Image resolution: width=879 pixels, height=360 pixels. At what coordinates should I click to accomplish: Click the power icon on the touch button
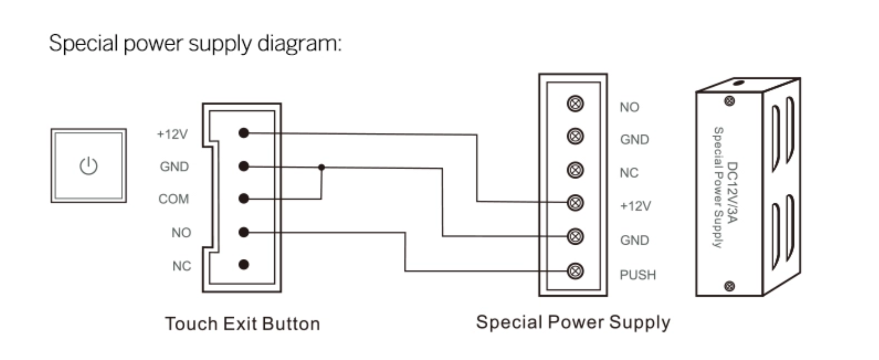point(89,166)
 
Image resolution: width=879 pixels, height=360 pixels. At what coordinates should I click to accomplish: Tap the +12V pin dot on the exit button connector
point(244,133)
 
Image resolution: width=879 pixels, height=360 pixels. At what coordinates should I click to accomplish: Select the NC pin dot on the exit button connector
point(244,264)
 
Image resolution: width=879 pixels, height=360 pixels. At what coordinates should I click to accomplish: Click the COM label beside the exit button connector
point(173,199)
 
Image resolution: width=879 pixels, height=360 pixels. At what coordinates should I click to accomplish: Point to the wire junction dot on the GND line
point(321,167)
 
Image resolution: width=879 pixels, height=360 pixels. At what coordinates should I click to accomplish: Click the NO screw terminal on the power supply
point(575,104)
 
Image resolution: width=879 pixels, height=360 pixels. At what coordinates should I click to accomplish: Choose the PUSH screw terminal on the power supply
point(575,271)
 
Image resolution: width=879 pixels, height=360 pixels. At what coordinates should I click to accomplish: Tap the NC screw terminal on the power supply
point(575,170)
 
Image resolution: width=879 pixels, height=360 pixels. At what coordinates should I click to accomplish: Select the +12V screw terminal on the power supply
point(575,203)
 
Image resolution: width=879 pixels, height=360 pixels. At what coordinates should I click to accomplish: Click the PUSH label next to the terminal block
point(638,275)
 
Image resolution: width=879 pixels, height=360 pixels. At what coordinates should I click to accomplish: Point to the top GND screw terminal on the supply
point(575,137)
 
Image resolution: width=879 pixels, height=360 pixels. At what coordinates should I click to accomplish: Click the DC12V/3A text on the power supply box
point(732,192)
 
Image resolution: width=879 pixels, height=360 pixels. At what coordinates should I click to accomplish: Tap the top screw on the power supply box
point(729,101)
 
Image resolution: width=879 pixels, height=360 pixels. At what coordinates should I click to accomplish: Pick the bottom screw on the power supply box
point(729,286)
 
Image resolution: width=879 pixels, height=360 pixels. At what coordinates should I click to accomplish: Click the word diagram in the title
point(299,44)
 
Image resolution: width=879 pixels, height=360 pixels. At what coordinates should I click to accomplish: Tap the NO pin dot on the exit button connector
point(244,232)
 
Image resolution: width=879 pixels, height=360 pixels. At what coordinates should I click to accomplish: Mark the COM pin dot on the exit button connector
point(244,198)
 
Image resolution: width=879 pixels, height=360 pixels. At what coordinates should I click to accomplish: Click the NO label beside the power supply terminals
point(629,108)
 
